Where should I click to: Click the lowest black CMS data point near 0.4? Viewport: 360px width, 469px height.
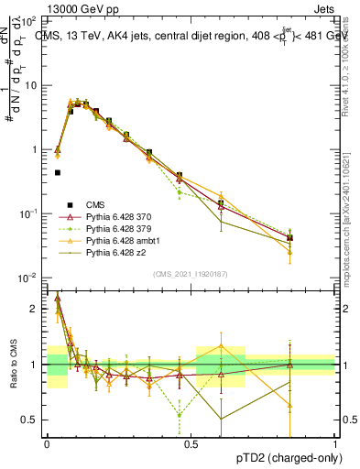pos(57,172)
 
